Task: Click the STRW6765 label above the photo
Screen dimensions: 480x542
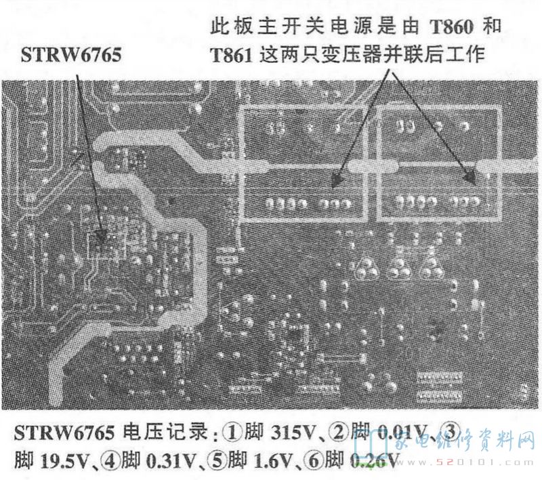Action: (71, 54)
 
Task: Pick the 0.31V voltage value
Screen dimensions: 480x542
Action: (168, 462)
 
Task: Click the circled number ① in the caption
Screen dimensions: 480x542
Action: (233, 432)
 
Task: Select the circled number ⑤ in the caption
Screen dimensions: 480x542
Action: (219, 462)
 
